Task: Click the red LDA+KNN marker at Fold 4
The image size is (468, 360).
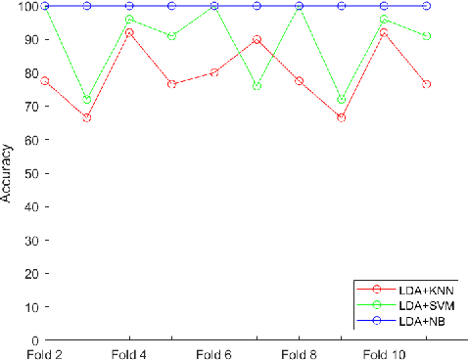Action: click(129, 32)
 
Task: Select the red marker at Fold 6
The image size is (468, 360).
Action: click(214, 72)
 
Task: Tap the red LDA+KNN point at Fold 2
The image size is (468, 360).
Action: click(45, 80)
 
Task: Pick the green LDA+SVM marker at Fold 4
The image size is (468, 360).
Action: click(129, 19)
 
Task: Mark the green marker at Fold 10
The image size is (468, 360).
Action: click(384, 19)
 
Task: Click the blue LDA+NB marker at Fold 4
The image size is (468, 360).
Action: click(129, 6)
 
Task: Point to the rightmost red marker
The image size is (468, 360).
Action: click(426, 84)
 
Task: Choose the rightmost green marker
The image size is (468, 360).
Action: click(426, 36)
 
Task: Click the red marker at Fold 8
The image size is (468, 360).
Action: click(299, 80)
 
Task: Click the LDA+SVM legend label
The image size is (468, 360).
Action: click(427, 306)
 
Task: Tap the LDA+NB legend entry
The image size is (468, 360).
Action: click(424, 321)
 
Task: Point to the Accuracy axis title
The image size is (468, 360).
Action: click(7, 174)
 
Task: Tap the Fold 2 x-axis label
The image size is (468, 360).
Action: click(45, 353)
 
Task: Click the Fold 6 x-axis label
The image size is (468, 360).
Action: click(214, 353)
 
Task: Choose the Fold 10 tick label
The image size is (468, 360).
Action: click(384, 353)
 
